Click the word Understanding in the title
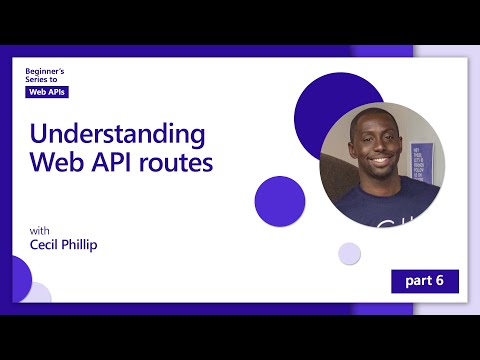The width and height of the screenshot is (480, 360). pyautogui.click(x=117, y=134)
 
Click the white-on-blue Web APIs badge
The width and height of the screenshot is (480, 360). pyautogui.click(x=47, y=91)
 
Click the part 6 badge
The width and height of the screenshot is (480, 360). pyautogui.click(x=425, y=280)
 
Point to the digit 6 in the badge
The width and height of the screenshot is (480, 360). pyautogui.click(x=440, y=280)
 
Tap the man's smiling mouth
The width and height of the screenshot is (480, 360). pyautogui.click(x=378, y=163)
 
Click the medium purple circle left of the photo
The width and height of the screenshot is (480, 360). pyautogui.click(x=280, y=200)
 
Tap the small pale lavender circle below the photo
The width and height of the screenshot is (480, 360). pyautogui.click(x=349, y=253)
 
